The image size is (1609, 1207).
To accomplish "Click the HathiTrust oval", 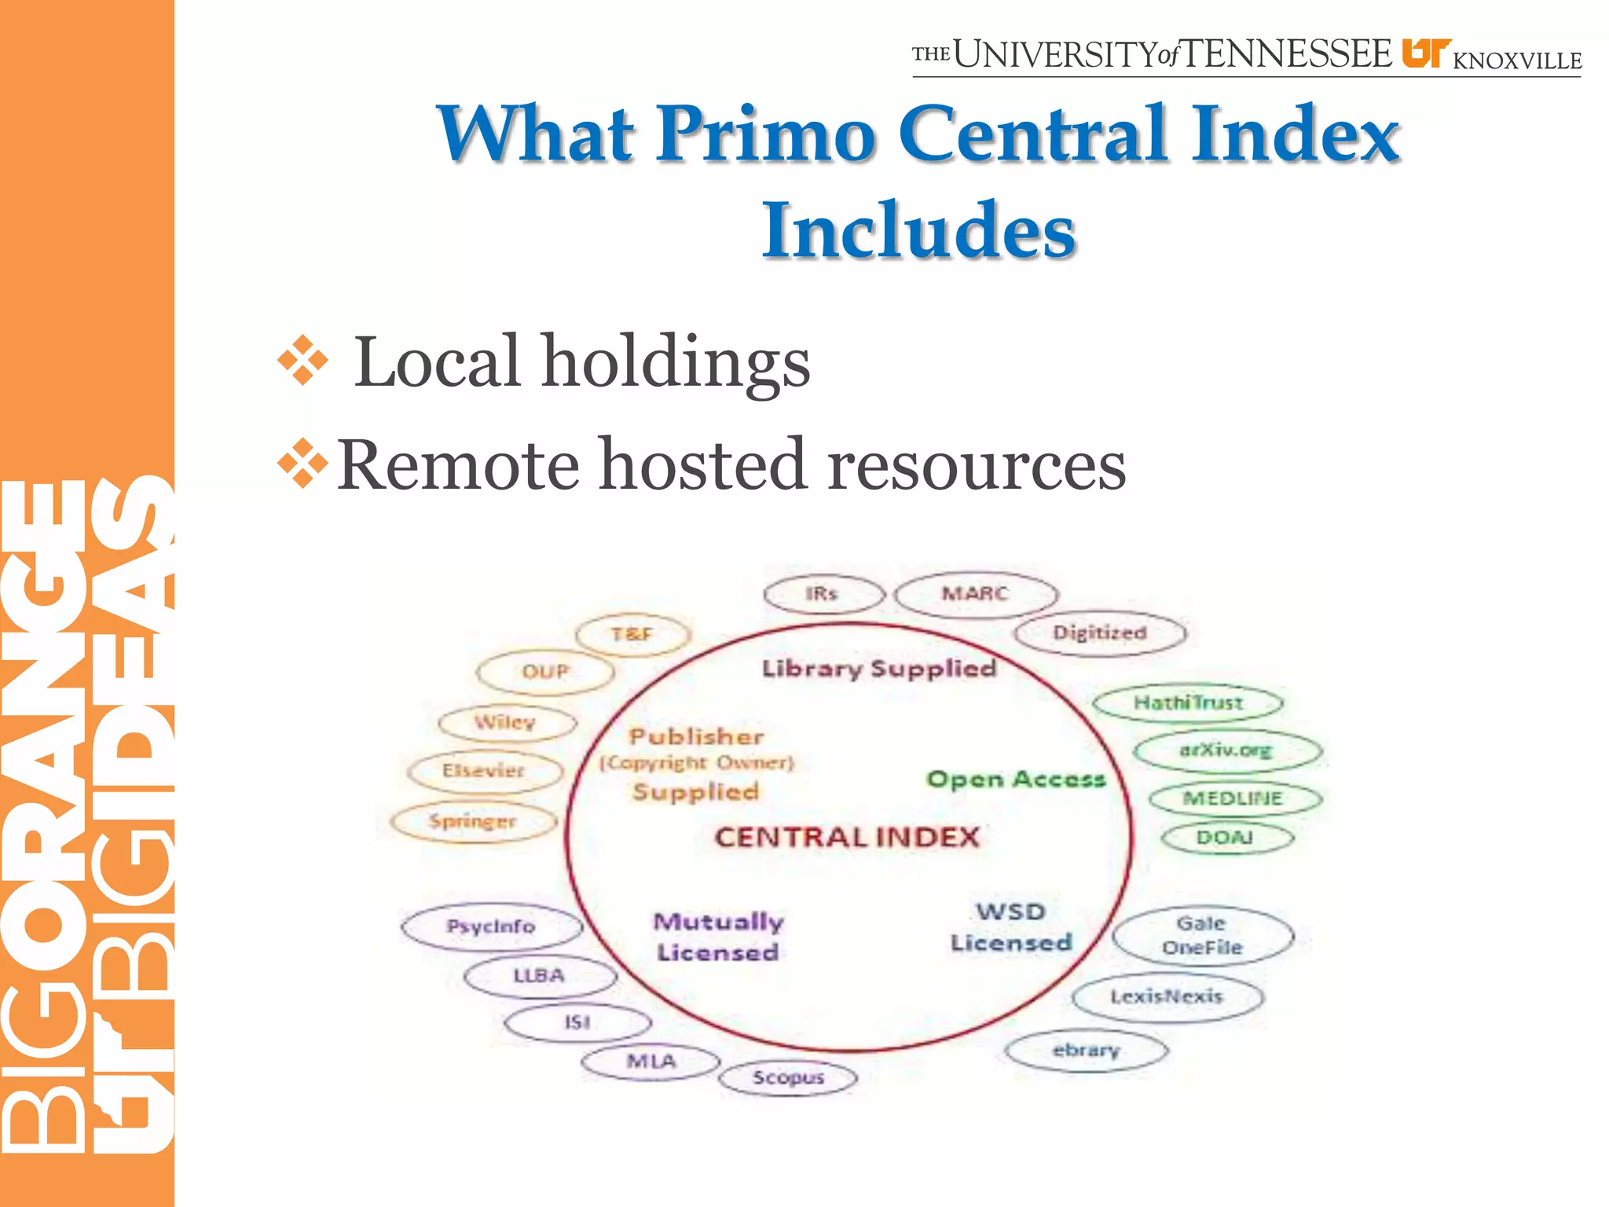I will pyautogui.click(x=1187, y=703).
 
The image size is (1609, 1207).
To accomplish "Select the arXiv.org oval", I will pyautogui.click(x=1227, y=750).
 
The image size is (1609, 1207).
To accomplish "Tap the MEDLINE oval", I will pyautogui.click(x=1235, y=798).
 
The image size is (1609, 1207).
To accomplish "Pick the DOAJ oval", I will pyautogui.click(x=1226, y=838).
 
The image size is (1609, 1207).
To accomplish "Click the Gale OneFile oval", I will pyautogui.click(x=1202, y=935).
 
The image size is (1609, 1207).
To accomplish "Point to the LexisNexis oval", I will pyautogui.click(x=1167, y=997).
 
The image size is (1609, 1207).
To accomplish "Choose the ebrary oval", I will pyautogui.click(x=1087, y=1051).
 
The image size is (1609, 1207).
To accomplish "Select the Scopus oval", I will pyautogui.click(x=788, y=1078).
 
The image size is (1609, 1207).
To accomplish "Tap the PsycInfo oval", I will pyautogui.click(x=491, y=927).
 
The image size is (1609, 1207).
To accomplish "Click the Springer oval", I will pyautogui.click(x=473, y=822).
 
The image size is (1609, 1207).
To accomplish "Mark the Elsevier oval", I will pyautogui.click(x=484, y=771).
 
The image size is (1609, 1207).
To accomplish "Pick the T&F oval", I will pyautogui.click(x=632, y=634).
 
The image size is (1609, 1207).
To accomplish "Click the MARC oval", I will pyautogui.click(x=976, y=594).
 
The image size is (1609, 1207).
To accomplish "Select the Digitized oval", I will pyautogui.click(x=1100, y=633).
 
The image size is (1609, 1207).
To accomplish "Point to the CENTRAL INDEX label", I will pyautogui.click(x=847, y=838).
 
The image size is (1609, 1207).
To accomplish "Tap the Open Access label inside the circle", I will pyautogui.click(x=1016, y=780).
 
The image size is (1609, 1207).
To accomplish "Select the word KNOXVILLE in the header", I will pyautogui.click(x=1516, y=61).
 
